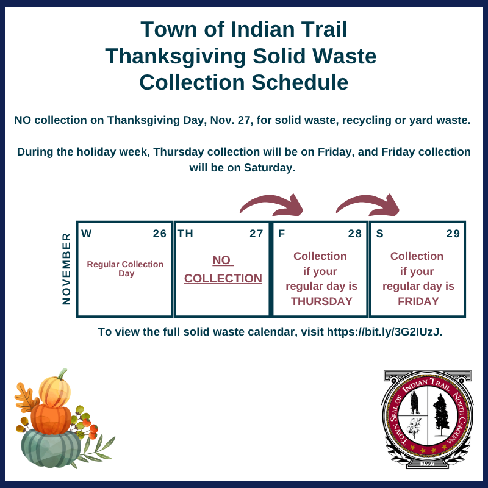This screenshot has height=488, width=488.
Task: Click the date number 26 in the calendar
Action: [160, 234]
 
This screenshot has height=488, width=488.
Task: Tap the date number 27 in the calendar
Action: [256, 234]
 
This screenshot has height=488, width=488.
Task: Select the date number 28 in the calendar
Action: [355, 234]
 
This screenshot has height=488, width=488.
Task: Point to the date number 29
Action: [453, 234]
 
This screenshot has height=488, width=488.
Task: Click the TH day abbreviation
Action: [185, 234]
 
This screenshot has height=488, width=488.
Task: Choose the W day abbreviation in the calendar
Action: [87, 234]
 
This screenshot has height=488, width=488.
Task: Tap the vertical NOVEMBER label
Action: [66, 269]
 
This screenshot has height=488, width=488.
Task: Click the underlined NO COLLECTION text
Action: [223, 270]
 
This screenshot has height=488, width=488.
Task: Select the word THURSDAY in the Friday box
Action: [321, 301]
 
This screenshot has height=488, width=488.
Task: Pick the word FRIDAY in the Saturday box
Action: [418, 301]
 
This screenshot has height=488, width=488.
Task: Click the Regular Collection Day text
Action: [125, 269]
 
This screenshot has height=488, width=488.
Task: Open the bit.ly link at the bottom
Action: [384, 332]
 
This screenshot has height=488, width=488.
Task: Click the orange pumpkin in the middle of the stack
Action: [51, 419]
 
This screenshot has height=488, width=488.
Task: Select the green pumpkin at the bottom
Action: [51, 448]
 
